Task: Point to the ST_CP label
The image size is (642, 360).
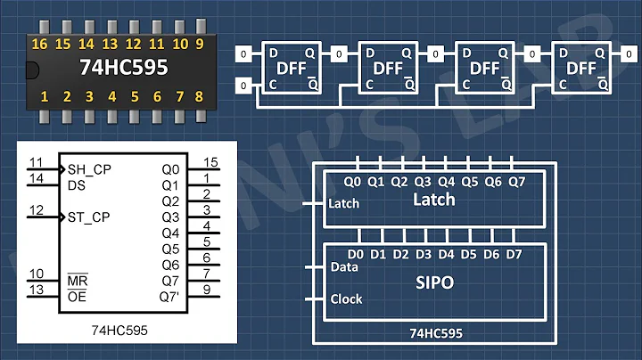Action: click(90, 217)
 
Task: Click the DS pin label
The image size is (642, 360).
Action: click(78, 184)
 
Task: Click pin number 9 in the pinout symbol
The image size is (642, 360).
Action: click(206, 290)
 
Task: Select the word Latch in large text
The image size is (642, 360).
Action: click(433, 200)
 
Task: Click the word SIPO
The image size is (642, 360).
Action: click(433, 282)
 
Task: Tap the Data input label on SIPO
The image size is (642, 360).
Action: click(344, 266)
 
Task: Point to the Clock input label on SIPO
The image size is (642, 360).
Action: click(347, 299)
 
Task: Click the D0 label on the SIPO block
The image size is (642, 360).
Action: click(355, 255)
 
